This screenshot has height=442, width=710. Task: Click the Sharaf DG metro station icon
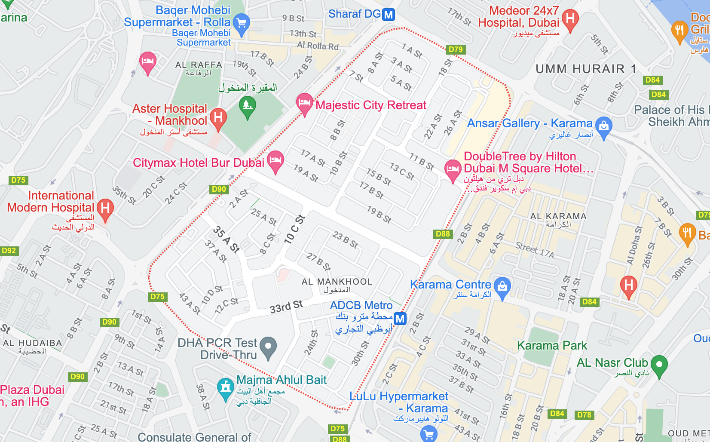tap(389, 15)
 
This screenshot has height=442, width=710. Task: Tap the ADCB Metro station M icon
tap(400, 319)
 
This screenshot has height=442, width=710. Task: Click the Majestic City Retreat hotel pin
tap(304, 103)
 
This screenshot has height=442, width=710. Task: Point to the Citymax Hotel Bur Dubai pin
tap(275, 160)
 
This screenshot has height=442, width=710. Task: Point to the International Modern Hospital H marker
tap(105, 209)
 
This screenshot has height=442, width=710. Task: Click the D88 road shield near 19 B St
tap(443, 234)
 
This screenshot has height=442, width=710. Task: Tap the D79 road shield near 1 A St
tap(456, 49)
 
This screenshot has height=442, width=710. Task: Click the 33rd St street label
tap(286, 307)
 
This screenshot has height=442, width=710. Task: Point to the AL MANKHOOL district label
tap(337, 282)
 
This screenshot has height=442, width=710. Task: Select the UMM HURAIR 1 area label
tap(585, 69)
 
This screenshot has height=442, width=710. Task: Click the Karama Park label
tap(552, 345)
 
